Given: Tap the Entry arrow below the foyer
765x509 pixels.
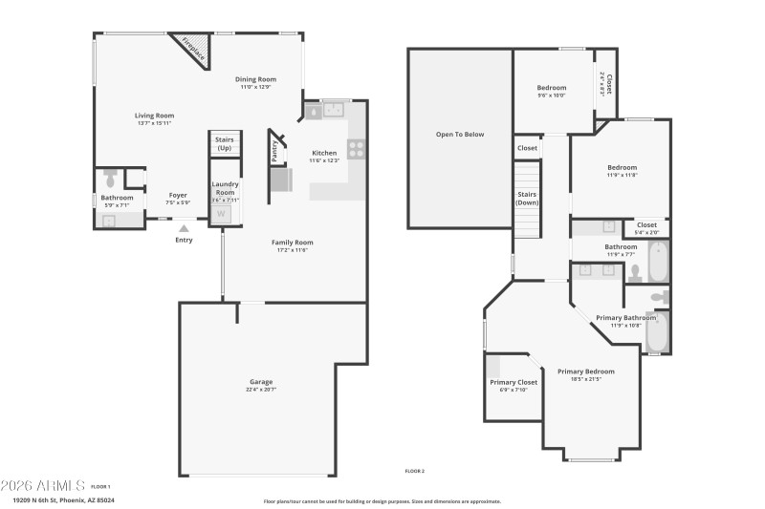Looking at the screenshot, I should click(184, 228).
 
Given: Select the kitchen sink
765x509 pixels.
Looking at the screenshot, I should click(334, 111).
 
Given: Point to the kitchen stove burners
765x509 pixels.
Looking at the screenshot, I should click(356, 148).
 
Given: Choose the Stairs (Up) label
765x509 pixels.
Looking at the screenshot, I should click(224, 144).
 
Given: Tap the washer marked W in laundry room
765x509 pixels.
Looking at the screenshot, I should click(222, 213).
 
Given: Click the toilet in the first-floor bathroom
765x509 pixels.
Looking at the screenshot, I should click(110, 179).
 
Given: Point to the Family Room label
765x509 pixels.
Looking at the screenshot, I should click(292, 243).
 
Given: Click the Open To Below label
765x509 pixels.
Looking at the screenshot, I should click(460, 135).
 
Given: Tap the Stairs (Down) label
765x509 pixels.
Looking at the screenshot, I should click(527, 200).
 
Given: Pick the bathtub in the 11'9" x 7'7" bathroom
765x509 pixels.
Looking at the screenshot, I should click(657, 261).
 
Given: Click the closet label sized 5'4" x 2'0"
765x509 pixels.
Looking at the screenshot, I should click(646, 228).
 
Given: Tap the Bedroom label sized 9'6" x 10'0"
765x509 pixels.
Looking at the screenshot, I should click(551, 91).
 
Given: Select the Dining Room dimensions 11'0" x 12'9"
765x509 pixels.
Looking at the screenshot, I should click(255, 87).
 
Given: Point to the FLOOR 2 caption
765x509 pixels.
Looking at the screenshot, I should click(414, 471).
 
